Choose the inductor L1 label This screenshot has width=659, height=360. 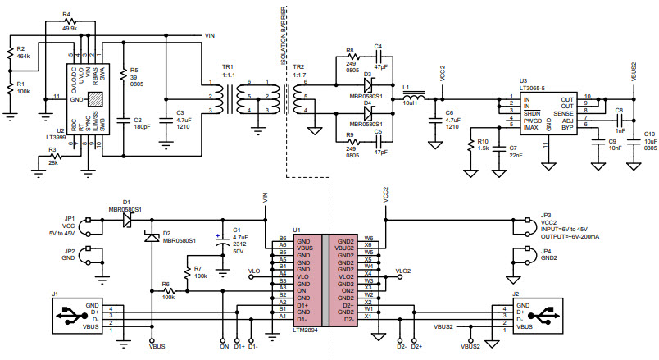(406, 85)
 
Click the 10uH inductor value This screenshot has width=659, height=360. (408, 103)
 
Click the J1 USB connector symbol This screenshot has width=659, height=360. (69, 315)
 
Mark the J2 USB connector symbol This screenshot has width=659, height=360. (539, 315)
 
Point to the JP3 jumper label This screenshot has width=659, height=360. (546, 215)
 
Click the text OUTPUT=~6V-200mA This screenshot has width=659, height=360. (574, 236)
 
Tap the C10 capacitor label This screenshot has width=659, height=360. (649, 134)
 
